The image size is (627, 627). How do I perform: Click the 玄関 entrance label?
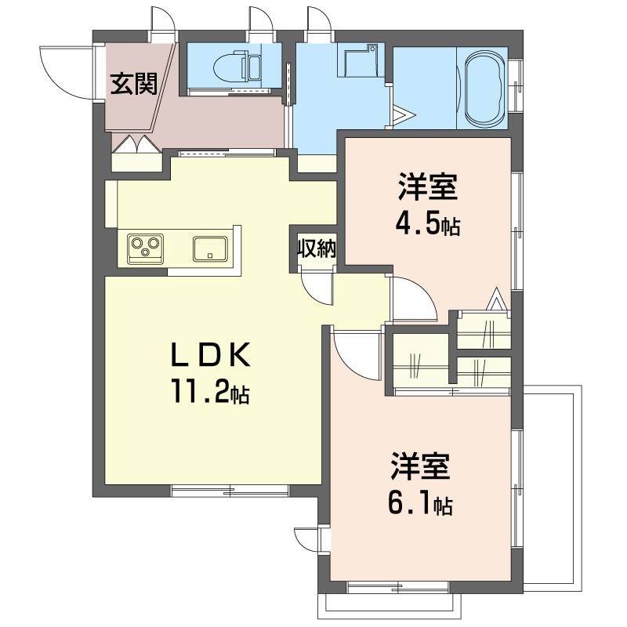(134, 84)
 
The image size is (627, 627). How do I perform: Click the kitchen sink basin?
(210, 248)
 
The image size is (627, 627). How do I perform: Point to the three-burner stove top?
(146, 248)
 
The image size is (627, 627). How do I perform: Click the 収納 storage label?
(316, 248)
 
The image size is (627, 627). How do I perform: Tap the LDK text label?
(211, 355)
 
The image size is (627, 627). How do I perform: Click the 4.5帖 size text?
(427, 225)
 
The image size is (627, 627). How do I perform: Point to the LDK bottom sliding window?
(230, 491)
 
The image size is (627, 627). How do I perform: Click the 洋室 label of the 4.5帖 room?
(427, 187)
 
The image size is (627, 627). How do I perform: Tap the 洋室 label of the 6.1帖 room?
(420, 466)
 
